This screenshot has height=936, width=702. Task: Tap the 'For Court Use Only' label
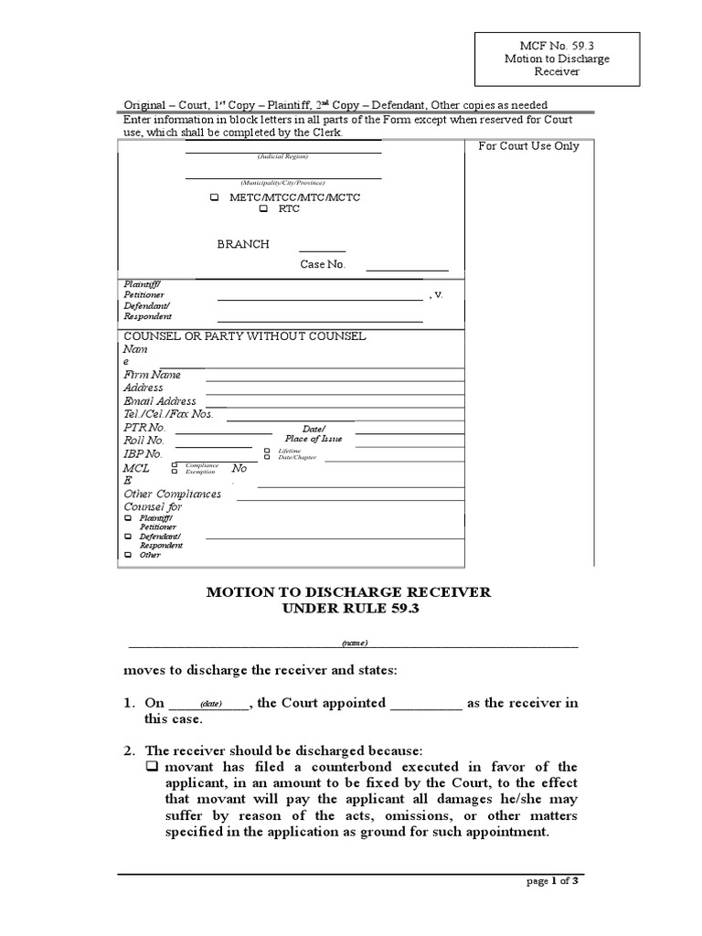pos(529,146)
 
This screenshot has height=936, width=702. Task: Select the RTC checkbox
pos(263,209)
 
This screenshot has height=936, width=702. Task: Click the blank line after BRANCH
pos(323,250)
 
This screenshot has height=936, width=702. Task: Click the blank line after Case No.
pos(407,270)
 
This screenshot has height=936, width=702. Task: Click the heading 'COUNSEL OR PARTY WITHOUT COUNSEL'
pos(244,336)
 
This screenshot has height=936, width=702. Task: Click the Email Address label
pos(160,401)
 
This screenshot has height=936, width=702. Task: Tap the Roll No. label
pos(144,441)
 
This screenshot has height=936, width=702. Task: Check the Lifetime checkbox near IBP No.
pos(267,451)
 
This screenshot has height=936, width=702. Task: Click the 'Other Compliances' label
pos(173,495)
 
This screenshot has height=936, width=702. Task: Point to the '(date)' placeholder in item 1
pos(211,705)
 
